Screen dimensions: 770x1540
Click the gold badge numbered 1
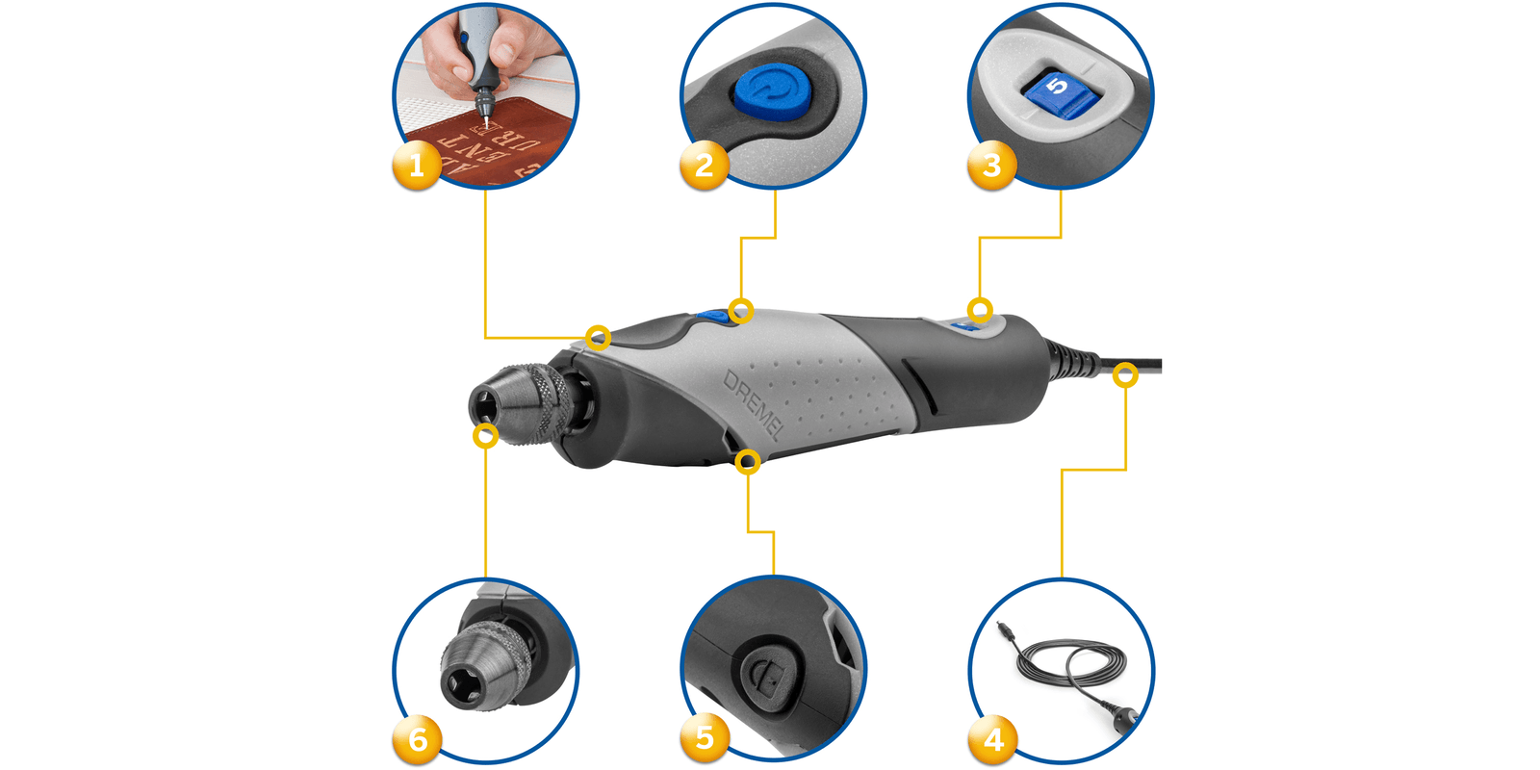click(416, 166)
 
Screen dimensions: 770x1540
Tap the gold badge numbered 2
click(704, 166)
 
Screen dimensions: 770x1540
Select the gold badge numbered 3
click(991, 166)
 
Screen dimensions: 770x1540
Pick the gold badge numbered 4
click(992, 739)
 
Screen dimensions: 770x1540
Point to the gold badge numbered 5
click(705, 738)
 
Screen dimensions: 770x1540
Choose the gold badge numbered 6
click(417, 739)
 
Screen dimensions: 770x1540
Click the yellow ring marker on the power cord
click(1125, 375)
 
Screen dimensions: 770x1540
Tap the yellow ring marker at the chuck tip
click(486, 436)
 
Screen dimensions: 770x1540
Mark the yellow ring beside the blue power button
click(740, 310)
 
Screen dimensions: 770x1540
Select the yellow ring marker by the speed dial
click(980, 310)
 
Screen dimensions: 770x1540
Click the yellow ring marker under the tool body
click(748, 463)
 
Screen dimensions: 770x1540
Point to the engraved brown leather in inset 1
click(491, 149)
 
